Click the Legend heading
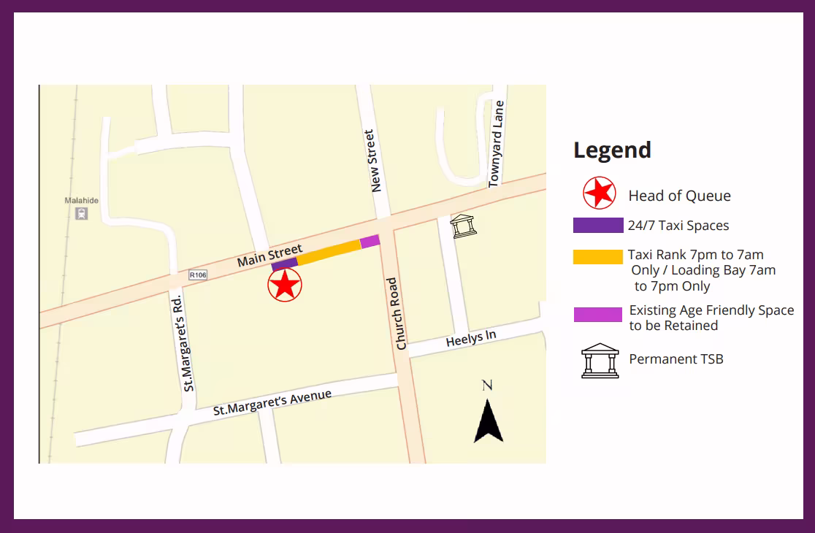612,150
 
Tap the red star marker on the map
285,285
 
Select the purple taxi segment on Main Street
284,264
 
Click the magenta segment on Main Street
370,241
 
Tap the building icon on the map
463,226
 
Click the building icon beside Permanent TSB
600,360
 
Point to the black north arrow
488,422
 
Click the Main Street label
269,256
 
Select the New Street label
375,161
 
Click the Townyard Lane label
497,144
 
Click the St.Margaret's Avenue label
272,403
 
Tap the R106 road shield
198,275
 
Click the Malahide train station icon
81,214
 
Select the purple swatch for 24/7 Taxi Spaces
597,226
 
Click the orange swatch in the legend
597,257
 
